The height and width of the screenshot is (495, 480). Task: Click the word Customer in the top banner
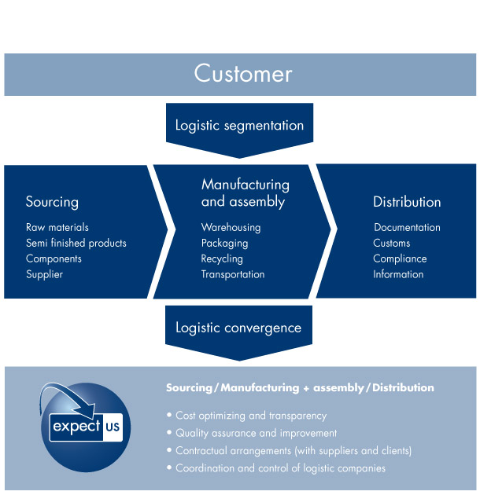(243, 74)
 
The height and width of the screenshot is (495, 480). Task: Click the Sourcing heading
(52, 202)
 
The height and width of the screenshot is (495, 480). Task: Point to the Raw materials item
(57, 227)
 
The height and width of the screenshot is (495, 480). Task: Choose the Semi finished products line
(76, 243)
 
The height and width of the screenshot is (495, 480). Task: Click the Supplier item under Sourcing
(45, 274)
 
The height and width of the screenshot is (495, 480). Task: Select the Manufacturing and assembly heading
(245, 192)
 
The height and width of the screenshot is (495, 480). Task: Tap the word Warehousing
(231, 228)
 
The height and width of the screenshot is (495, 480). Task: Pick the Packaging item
(224, 244)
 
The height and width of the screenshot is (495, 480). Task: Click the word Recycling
(222, 258)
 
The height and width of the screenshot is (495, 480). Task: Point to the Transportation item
(233, 274)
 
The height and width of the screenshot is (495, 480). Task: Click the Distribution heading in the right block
(407, 202)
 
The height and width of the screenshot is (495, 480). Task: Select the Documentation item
(407, 227)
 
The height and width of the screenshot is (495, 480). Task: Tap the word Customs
(391, 243)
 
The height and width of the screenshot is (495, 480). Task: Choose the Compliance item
(400, 258)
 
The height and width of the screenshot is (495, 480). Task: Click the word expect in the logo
(76, 427)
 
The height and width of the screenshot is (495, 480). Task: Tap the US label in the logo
(113, 427)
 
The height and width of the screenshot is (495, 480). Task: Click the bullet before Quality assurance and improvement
(169, 432)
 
